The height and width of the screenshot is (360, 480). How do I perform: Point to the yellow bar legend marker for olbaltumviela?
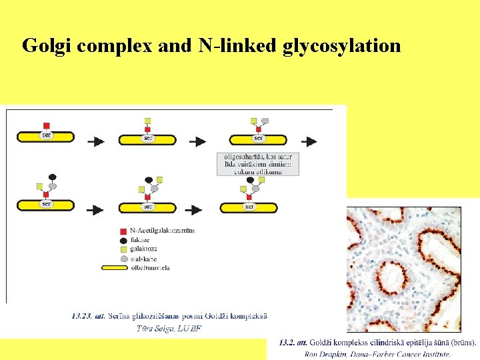tap(124, 267)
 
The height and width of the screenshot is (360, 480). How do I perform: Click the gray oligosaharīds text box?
tap(257, 164)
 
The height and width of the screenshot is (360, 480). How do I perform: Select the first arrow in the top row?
tap(95, 141)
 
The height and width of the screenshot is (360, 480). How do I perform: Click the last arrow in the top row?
tap(308, 141)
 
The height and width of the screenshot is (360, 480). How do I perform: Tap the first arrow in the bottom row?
tap(95, 210)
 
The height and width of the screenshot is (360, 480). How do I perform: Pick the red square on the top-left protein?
tap(46, 125)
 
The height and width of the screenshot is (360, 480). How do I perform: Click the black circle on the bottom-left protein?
tap(53, 177)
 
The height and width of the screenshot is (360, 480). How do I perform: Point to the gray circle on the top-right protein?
tap(265, 122)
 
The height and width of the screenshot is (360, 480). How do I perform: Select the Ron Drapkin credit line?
tap(377, 355)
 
